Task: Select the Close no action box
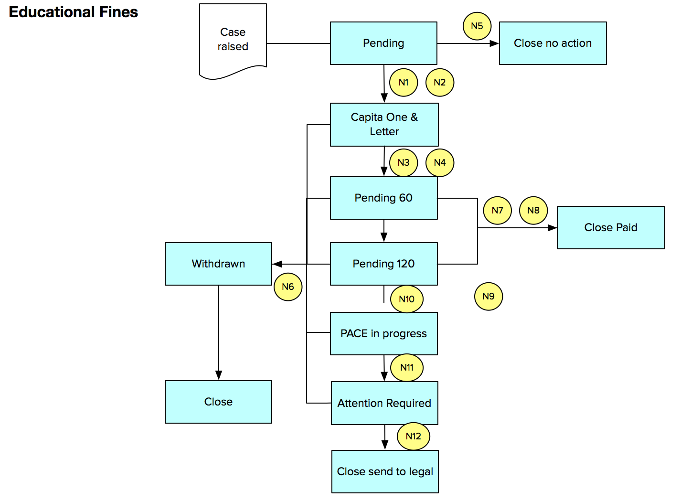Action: pyautogui.click(x=552, y=43)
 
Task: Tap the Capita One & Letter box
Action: pyautogui.click(x=384, y=124)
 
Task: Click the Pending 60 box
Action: pyautogui.click(x=383, y=198)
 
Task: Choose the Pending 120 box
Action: pyautogui.click(x=383, y=264)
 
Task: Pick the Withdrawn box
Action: pyautogui.click(x=218, y=264)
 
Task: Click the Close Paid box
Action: pyautogui.click(x=610, y=227)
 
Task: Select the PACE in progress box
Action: pyautogui.click(x=383, y=333)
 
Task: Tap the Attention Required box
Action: pyautogui.click(x=384, y=403)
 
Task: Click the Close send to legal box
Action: pyautogui.click(x=385, y=471)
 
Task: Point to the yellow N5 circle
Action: pyautogui.click(x=477, y=26)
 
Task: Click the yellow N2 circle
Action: pyautogui.click(x=439, y=83)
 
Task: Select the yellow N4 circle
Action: pyautogui.click(x=439, y=163)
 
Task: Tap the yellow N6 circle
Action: pyautogui.click(x=288, y=287)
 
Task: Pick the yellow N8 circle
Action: pyautogui.click(x=533, y=211)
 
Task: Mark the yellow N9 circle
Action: pyautogui.click(x=488, y=296)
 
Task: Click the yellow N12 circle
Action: pyautogui.click(x=413, y=436)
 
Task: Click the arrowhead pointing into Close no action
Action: pyautogui.click(x=495, y=43)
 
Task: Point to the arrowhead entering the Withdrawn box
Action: pyautogui.click(x=277, y=264)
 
